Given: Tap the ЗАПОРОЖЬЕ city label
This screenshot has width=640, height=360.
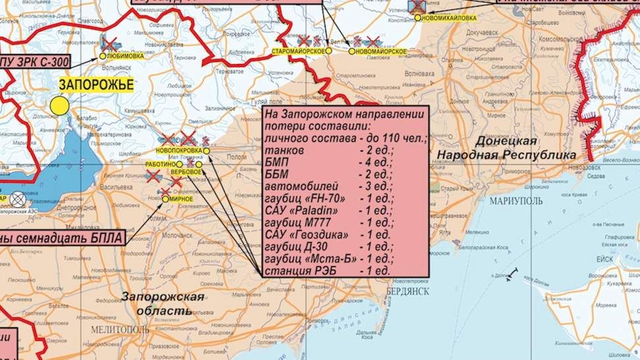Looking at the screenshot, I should (96, 84).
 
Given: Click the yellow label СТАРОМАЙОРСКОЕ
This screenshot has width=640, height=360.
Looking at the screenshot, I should (299, 51).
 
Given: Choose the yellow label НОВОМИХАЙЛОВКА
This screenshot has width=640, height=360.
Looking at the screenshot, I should (451, 18).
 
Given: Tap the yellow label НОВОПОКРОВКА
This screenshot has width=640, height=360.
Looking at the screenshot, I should (178, 150).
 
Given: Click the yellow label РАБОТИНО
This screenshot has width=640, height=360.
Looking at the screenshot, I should (158, 164).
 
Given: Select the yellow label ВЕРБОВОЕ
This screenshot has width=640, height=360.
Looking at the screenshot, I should (186, 172).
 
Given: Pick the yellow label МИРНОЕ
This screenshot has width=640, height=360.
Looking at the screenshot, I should (181, 198).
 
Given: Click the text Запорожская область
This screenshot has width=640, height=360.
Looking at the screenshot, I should (162, 303).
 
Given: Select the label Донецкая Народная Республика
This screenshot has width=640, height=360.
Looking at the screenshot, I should (505, 148).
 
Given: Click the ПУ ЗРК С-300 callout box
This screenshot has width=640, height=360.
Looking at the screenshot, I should (33, 63).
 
